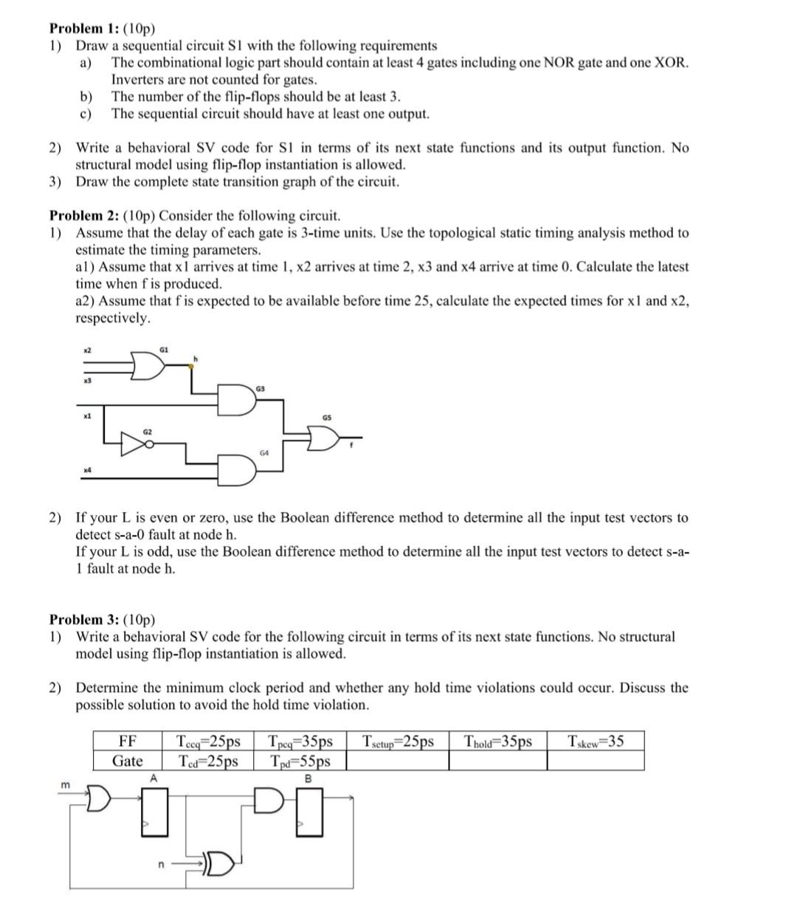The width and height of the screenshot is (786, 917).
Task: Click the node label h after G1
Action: click(196, 359)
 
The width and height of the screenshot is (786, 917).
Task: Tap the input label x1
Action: click(86, 417)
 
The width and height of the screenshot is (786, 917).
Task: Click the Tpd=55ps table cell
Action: click(300, 761)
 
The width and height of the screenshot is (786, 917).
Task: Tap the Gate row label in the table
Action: click(128, 761)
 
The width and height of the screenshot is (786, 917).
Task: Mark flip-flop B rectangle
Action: click(309, 812)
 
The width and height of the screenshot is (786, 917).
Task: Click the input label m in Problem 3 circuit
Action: click(65, 786)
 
